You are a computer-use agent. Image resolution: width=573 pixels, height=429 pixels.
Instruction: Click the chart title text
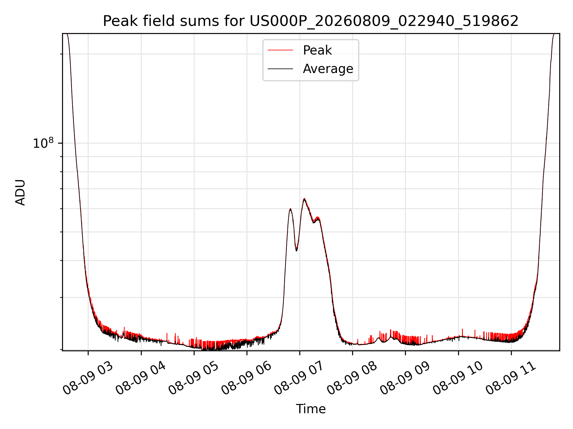pos(311,21)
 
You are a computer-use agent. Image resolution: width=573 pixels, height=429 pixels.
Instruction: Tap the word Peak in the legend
pos(317,50)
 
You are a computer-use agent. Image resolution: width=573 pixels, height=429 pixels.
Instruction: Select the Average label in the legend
pos(328,69)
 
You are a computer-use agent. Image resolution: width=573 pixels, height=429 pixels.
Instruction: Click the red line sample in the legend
pos(280,50)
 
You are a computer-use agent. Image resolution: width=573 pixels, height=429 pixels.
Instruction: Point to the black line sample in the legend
pos(280,69)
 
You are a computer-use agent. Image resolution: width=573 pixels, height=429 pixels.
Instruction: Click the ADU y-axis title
pos(20,192)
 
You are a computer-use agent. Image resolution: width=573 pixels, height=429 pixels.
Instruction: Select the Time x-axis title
pos(311,409)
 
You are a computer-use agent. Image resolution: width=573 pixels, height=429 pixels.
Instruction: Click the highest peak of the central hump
pos(304,199)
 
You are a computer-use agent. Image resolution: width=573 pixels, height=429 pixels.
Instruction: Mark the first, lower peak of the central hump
pos(290,209)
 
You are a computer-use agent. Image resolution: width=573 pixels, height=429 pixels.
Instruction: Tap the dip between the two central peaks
pos(296,250)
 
